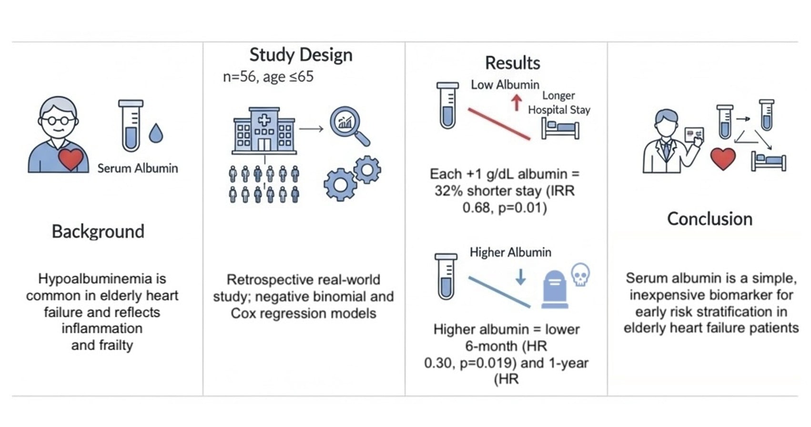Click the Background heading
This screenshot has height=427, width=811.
pyautogui.click(x=98, y=232)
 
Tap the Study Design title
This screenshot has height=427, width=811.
pyautogui.click(x=301, y=55)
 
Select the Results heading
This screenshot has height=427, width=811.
pyautogui.click(x=512, y=63)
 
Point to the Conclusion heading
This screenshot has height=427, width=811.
pyautogui.click(x=710, y=219)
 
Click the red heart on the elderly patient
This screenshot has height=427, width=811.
pyautogui.click(x=71, y=159)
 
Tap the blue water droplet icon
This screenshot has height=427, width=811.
pyautogui.click(x=156, y=133)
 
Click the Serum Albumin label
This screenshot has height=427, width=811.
pyautogui.click(x=138, y=168)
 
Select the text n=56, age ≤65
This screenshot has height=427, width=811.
pyautogui.click(x=268, y=77)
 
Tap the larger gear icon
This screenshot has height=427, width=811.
pyautogui.click(x=340, y=184)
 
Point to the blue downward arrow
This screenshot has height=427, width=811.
pyautogui.click(x=520, y=276)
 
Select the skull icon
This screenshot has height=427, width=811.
pyautogui.click(x=580, y=274)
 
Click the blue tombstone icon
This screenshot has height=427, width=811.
pyautogui.click(x=555, y=289)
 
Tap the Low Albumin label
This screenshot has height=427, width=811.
pyautogui.click(x=505, y=85)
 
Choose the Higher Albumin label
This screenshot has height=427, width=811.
pyautogui.click(x=510, y=252)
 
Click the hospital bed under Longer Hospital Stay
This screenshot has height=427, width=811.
pyautogui.click(x=560, y=129)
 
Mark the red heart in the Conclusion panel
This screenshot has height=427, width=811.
pyautogui.click(x=723, y=159)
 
